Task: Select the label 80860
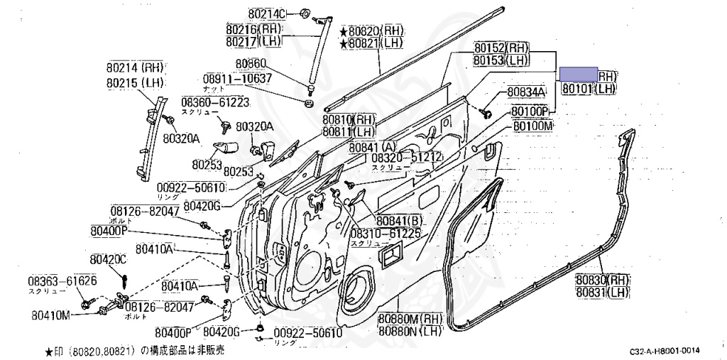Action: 252,63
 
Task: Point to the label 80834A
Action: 526,93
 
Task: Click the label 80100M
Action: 532,126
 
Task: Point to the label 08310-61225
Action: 386,233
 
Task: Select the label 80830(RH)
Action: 603,280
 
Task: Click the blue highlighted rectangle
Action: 579,75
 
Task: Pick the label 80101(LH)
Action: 589,89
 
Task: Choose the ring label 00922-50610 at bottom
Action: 307,332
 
